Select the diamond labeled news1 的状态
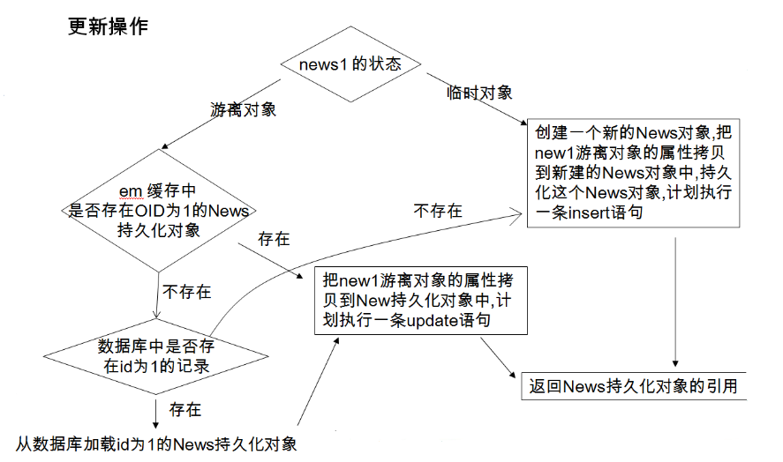coord(350,65)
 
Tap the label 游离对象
coord(243,110)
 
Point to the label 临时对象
coord(479,92)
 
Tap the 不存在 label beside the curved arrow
coord(437,211)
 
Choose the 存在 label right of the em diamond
coord(274,239)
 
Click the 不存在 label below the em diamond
coord(186,292)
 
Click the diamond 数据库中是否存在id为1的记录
coord(156,355)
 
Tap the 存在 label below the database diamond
coord(185,410)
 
